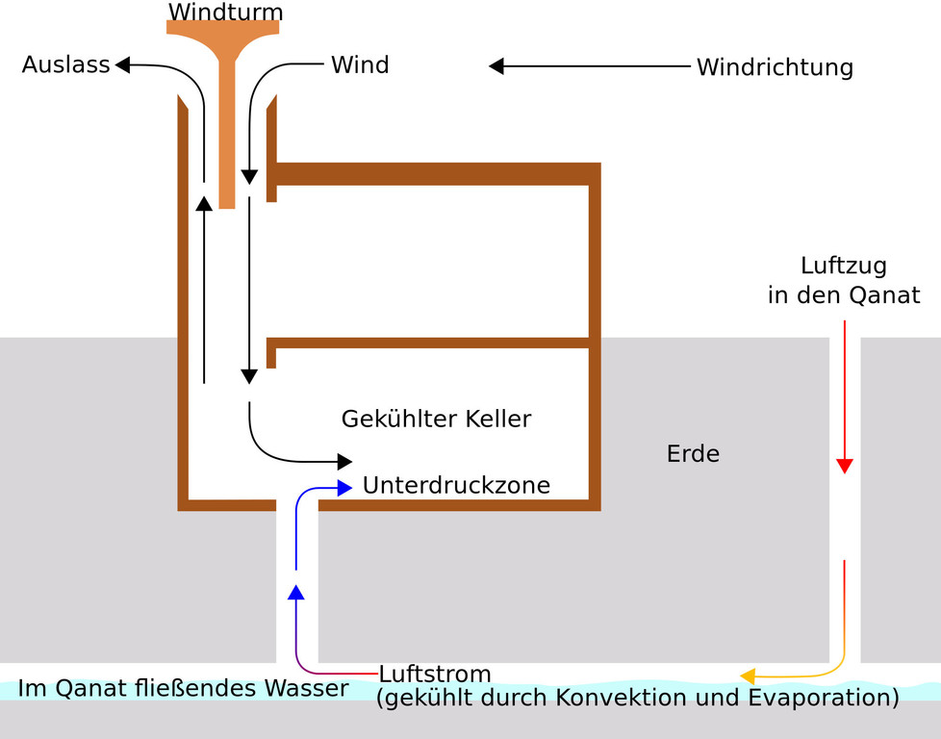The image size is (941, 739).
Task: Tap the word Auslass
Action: click(65, 66)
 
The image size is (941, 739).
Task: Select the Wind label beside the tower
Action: click(360, 65)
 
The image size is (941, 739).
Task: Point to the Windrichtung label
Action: click(775, 67)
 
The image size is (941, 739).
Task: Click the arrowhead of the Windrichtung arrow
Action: click(496, 66)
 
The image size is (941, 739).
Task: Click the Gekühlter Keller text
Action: click(436, 420)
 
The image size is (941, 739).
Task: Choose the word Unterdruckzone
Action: click(456, 486)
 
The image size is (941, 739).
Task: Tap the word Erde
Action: click(693, 453)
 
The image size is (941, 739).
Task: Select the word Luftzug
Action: click(844, 266)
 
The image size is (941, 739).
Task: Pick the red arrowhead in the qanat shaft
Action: click(844, 467)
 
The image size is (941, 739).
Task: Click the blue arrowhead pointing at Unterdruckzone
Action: click(344, 488)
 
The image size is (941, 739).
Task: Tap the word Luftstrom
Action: click(435, 674)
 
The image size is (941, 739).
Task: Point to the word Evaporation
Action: click(824, 697)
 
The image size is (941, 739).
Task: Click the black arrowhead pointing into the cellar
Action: click(343, 462)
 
